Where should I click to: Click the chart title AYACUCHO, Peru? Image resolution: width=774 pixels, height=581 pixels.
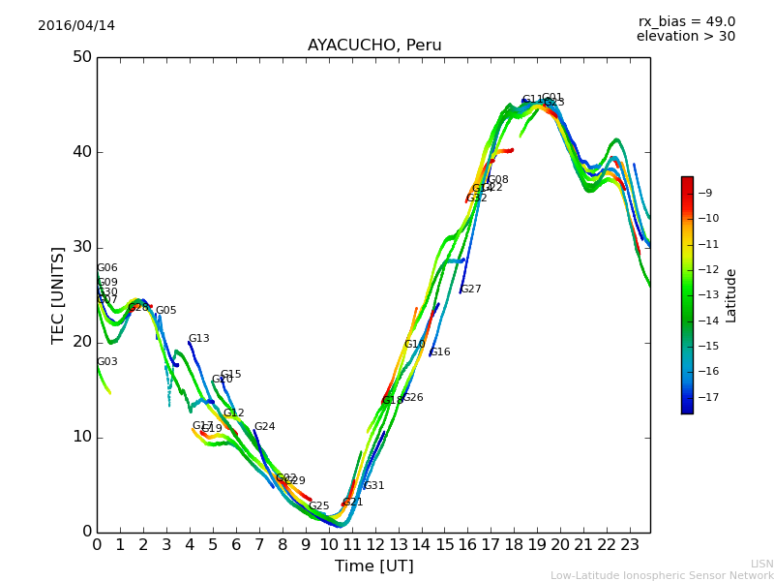(x=374, y=46)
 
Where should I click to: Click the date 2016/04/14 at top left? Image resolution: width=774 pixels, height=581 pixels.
(x=76, y=26)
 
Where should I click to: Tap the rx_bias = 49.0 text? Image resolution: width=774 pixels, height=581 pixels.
(x=687, y=21)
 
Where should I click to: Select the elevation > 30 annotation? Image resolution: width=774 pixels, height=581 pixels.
(x=686, y=37)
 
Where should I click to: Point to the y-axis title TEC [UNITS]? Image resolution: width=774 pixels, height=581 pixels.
(x=58, y=294)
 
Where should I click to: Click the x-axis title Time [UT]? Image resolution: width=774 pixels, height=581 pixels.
(x=374, y=566)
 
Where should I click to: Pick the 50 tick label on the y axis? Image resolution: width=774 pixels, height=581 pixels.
(x=81, y=57)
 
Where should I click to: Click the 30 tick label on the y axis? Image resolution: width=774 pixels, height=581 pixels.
(x=81, y=247)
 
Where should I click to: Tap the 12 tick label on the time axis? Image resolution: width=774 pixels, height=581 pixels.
(x=375, y=545)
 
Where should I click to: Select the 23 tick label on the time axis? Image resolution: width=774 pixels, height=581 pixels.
(x=630, y=545)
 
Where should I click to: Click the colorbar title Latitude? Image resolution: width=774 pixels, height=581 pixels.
(x=731, y=295)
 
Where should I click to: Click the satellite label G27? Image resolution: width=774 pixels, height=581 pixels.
(x=471, y=290)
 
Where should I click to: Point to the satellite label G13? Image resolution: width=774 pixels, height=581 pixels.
(x=199, y=339)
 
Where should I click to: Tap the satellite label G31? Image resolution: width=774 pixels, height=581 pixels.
(x=374, y=486)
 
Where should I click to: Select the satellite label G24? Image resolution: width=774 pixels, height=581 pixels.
(x=265, y=427)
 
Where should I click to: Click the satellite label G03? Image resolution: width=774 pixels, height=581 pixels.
(x=107, y=362)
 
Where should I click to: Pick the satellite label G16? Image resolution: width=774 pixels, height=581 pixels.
(x=440, y=352)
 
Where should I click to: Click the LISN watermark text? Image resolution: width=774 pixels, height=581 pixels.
(x=762, y=564)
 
